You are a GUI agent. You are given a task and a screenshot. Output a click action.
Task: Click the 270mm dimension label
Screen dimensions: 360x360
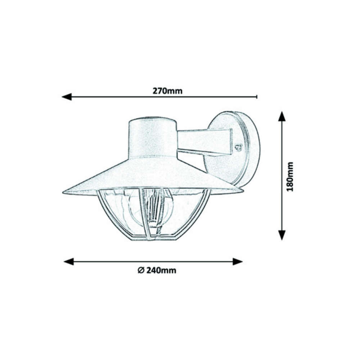(x=168, y=91)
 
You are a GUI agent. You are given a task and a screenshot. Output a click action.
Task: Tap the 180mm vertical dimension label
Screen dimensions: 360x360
(x=290, y=177)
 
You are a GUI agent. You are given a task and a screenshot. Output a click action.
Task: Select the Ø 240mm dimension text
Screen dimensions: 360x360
(x=157, y=270)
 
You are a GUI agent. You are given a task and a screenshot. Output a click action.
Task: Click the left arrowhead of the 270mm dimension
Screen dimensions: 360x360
(x=67, y=96)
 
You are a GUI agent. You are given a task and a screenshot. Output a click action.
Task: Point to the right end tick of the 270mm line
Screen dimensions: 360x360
(x=257, y=96)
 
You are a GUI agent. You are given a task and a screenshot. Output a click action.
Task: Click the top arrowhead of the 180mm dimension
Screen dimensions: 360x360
(x=282, y=116)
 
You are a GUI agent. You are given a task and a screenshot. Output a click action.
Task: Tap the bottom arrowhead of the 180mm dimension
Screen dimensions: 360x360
(x=282, y=235)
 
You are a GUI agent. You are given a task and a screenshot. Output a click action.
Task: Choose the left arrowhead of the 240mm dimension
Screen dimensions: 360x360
(x=69, y=261)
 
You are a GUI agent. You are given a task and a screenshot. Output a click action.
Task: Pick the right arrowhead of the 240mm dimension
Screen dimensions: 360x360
(x=238, y=261)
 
